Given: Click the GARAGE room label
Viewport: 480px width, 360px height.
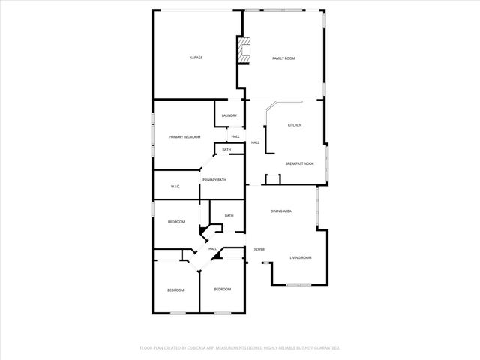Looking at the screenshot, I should [196, 58].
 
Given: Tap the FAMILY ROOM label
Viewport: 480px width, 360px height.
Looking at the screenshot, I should [283, 58].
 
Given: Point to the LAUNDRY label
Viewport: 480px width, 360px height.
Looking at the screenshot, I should [229, 115].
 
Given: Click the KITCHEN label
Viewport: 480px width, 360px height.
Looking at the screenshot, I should [295, 125].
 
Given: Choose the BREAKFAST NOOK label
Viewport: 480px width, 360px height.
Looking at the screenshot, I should [299, 163].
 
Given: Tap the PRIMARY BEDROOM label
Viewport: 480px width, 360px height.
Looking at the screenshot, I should [184, 137].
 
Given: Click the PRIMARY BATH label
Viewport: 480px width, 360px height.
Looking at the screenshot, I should [214, 180].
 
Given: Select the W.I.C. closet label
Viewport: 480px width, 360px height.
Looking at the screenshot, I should [175, 187].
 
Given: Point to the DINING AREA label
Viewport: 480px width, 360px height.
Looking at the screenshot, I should [281, 211].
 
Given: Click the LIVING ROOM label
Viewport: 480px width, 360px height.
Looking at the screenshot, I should [301, 258].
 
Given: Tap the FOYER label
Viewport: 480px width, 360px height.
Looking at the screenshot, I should [259, 249].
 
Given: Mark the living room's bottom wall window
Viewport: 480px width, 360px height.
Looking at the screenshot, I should [298, 284].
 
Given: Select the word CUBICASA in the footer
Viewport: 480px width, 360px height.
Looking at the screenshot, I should [199, 348].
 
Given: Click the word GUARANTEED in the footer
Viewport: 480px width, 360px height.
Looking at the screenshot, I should [325, 348].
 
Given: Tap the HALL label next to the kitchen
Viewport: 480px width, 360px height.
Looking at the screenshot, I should [255, 142].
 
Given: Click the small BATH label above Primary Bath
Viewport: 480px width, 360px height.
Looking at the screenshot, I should [226, 150].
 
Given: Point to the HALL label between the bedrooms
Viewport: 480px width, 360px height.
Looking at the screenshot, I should [212, 248].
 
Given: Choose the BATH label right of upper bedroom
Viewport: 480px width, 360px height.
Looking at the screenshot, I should [229, 216].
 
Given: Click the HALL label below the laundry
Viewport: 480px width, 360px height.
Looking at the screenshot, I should [235, 136].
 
